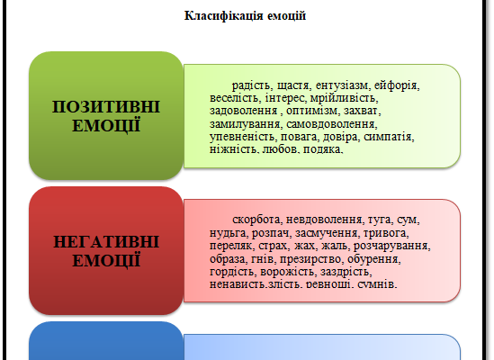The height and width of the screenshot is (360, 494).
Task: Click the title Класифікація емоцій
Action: pyautogui.click(x=246, y=15)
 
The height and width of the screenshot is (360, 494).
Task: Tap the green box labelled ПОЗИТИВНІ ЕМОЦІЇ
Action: pyautogui.click(x=106, y=114)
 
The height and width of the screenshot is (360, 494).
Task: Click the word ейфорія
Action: pyautogui.click(x=396, y=85)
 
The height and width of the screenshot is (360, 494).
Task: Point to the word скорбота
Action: pyautogui.click(x=258, y=220)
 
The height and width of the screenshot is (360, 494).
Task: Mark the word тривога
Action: pyautogui.click(x=397, y=232)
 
